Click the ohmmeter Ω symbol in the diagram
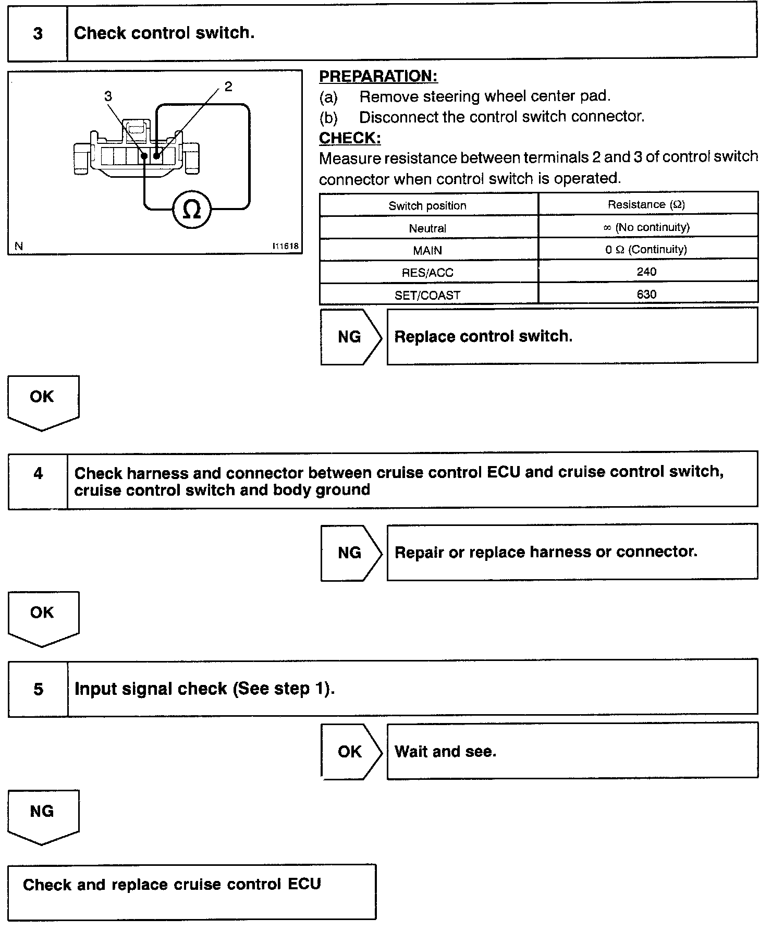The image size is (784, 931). pos(192,210)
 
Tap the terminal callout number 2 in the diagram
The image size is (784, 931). pos(228,87)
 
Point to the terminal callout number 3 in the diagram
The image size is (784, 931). pos(108,96)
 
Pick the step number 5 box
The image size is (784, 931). pos(38,689)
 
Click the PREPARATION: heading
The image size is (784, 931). pos(378,76)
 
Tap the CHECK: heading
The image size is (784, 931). pos(349,138)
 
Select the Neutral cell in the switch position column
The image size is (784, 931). pos(427,228)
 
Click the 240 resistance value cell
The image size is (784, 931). pos(646,272)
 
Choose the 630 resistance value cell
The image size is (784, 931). pos(646,294)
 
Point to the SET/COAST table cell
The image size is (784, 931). pos(427,295)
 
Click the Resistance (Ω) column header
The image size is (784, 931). pos(646,204)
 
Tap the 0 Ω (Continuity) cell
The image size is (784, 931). pos(646,250)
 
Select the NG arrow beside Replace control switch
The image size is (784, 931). pos(349,337)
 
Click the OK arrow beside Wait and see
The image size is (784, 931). pos(349,751)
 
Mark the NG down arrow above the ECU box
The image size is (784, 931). pos(42,815)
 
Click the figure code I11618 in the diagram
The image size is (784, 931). pos(286,246)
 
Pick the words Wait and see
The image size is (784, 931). pos(445,751)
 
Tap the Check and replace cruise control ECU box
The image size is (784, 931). pos(191,891)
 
